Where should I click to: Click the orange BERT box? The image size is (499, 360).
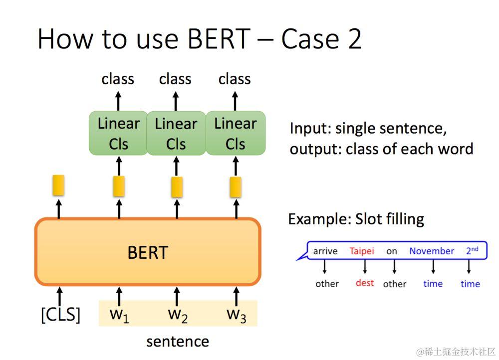[148, 252]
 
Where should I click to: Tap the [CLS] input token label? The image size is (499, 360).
[60, 315]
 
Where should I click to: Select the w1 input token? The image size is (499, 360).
[119, 315]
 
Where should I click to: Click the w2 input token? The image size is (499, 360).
[178, 315]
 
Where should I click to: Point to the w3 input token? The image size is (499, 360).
[236, 315]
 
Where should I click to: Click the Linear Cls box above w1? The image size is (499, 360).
[119, 133]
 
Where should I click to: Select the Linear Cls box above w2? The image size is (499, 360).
[176, 133]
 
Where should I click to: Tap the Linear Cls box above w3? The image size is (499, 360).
[236, 133]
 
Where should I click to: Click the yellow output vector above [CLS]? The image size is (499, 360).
[59, 185]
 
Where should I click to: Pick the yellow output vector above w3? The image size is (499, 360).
[236, 186]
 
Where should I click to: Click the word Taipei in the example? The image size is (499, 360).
[362, 251]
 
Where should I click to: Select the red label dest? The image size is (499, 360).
[365, 283]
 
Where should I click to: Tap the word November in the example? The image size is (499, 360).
[432, 251]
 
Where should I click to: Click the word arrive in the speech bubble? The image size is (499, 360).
[325, 251]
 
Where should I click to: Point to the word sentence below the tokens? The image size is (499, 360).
[178, 342]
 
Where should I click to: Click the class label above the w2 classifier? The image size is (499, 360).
[175, 79]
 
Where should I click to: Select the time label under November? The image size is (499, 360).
[433, 283]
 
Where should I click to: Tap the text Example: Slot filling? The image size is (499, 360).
[356, 219]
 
